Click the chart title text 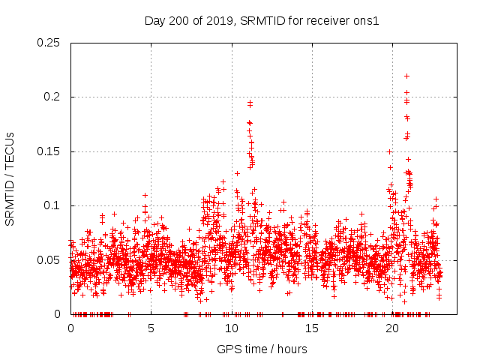[262, 20]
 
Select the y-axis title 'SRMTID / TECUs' [10, 178]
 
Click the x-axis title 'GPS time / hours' [262, 349]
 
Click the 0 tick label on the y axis [58, 314]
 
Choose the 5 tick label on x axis [151, 328]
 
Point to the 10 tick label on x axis [231, 328]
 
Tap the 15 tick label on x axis [311, 328]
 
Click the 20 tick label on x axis [391, 328]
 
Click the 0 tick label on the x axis [70, 328]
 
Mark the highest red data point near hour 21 [406, 76]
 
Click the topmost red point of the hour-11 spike [250, 102]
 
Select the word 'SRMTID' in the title [259, 20]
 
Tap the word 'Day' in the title [155, 20]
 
